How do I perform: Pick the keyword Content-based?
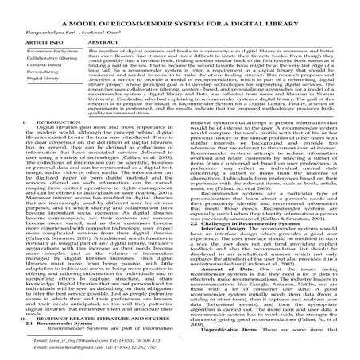[29, 69]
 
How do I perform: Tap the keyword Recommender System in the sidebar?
[33, 49]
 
